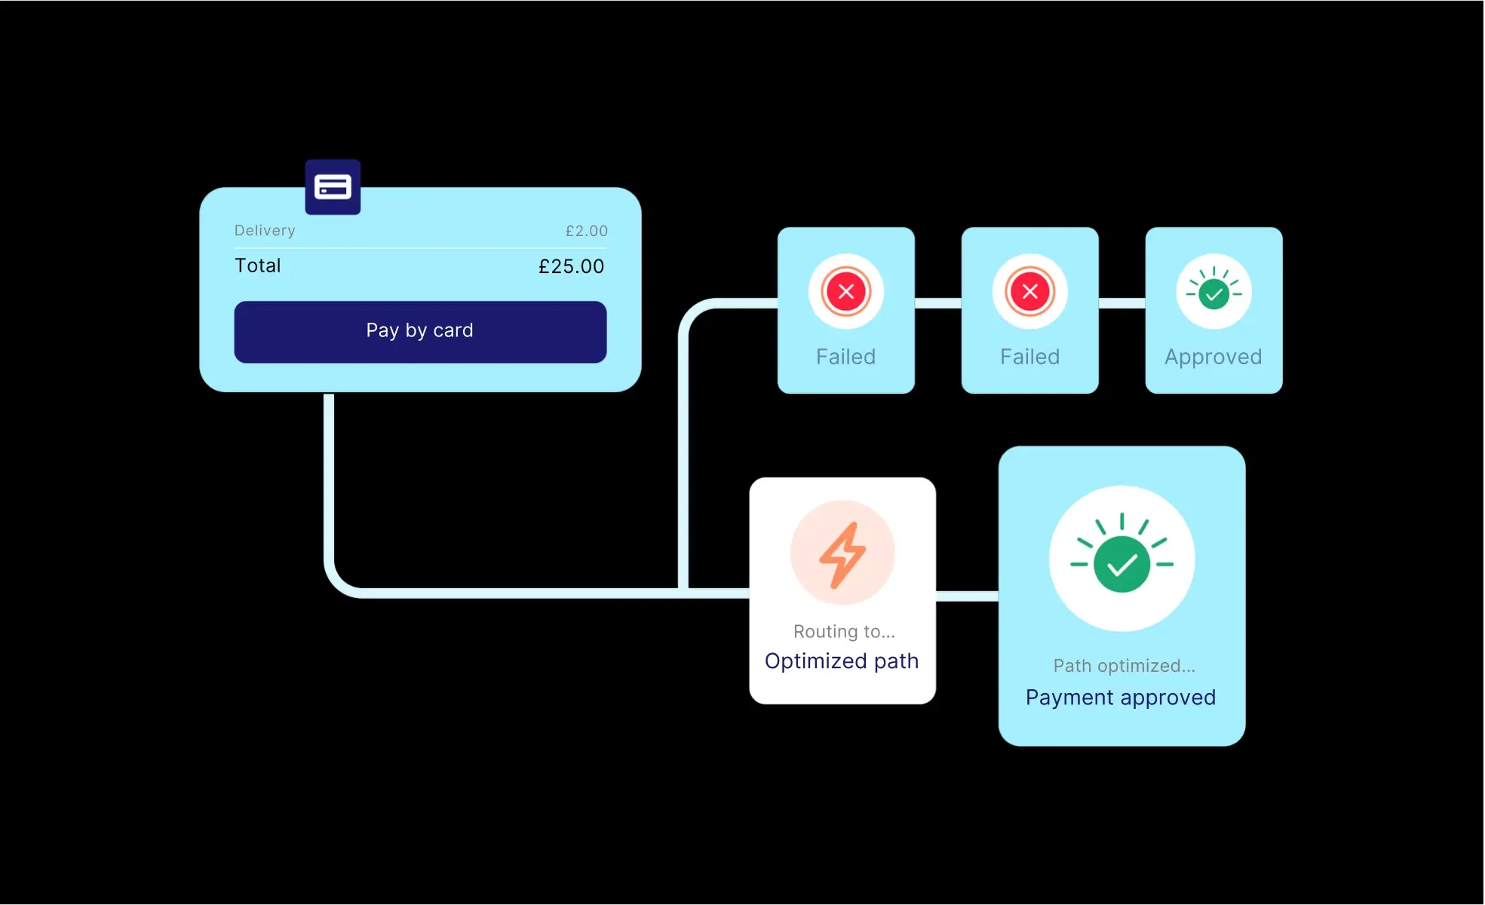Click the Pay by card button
click(420, 332)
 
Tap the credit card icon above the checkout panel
click(333, 187)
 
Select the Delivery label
click(265, 231)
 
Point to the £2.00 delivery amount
click(586, 232)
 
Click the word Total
click(258, 265)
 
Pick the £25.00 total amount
click(571, 266)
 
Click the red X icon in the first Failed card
click(845, 292)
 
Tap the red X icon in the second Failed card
click(1029, 292)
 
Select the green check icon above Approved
click(1213, 293)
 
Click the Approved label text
click(1213, 357)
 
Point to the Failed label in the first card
click(845, 357)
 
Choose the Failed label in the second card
click(1029, 357)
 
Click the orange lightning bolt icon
click(842, 554)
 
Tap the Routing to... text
click(844, 632)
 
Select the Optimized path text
click(842, 661)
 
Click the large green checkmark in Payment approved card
click(1121, 563)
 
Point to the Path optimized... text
click(1124, 666)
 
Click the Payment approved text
click(1121, 698)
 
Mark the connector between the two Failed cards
click(938, 303)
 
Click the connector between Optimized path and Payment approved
click(967, 597)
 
